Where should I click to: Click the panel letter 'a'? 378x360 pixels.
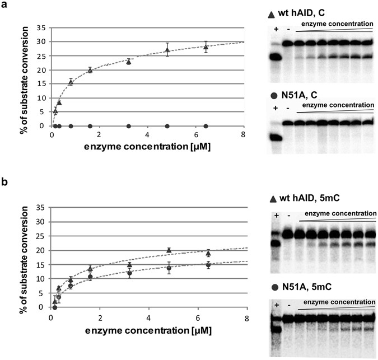click(5, 5)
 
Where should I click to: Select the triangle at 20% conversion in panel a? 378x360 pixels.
click(90, 70)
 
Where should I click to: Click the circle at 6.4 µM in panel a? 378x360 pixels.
click(206, 126)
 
